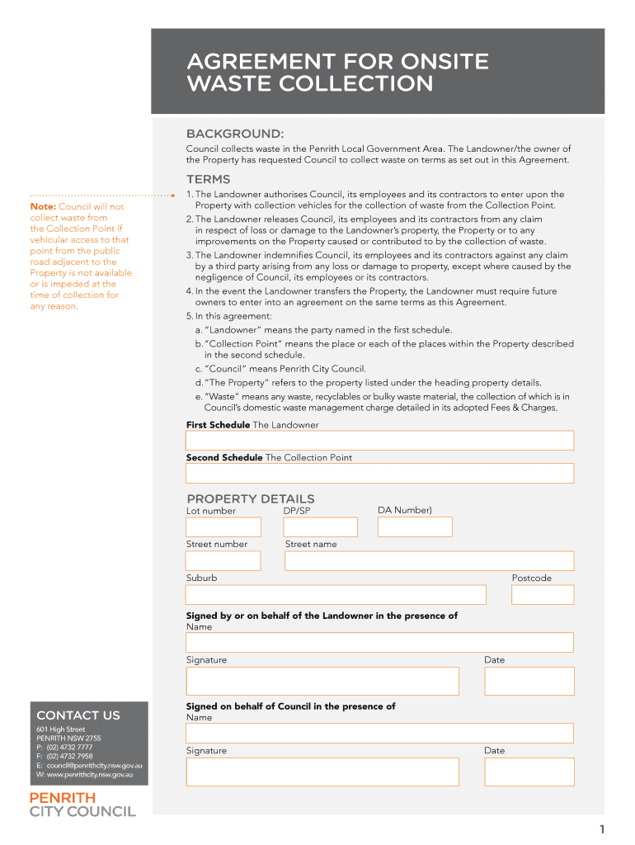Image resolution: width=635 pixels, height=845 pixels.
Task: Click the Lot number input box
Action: point(223,527)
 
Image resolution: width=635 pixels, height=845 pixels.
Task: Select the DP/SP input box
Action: point(320,527)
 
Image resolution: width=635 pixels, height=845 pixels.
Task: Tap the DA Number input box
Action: point(415,526)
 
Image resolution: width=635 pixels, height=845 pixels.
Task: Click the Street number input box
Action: point(223,561)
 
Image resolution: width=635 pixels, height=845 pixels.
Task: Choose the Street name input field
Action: point(429,561)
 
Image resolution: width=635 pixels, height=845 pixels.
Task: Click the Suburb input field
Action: point(336,595)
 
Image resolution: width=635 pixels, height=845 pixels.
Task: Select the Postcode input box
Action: point(543,595)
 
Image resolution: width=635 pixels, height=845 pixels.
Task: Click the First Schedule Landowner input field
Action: point(379,441)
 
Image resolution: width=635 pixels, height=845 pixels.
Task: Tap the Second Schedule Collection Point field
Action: point(379,474)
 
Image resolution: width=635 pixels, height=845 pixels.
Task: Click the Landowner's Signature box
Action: point(322,681)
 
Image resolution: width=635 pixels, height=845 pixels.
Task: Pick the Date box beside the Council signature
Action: point(529,772)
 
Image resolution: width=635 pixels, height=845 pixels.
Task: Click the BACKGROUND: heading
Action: point(235,134)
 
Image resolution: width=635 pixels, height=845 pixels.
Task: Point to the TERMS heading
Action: point(209,179)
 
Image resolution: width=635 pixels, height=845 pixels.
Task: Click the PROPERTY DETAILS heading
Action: point(251,498)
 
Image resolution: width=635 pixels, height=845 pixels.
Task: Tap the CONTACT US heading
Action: point(78,715)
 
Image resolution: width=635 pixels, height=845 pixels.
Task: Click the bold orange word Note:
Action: point(42,206)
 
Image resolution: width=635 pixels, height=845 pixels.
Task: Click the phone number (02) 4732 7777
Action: point(69,747)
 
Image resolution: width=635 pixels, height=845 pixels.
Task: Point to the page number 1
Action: point(603,829)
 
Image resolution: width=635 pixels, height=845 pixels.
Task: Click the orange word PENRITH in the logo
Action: point(63,798)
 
